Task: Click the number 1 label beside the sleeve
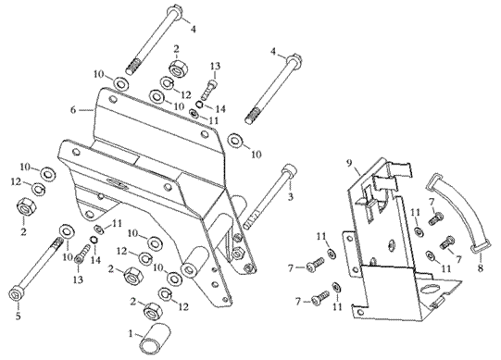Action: [131, 334]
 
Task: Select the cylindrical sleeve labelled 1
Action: [155, 339]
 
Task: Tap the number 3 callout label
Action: [290, 197]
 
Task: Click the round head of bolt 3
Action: [289, 168]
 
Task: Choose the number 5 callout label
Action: [19, 317]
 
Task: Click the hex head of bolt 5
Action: [16, 293]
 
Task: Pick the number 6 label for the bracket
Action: [73, 110]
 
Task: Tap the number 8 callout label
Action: [481, 268]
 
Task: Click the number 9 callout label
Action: [349, 164]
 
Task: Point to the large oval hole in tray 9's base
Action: [430, 289]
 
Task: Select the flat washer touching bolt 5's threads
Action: [67, 231]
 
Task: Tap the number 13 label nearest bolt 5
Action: [78, 279]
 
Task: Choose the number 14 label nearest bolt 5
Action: [95, 260]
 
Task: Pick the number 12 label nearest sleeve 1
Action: [183, 307]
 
